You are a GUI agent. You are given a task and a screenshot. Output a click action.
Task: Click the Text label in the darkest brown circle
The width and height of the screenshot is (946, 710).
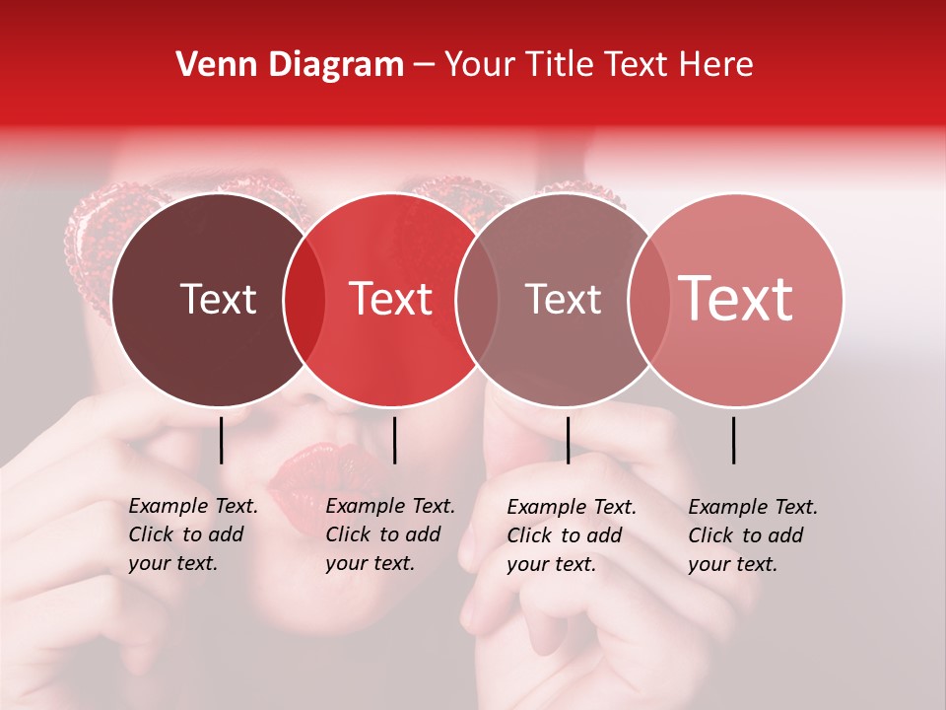(x=218, y=299)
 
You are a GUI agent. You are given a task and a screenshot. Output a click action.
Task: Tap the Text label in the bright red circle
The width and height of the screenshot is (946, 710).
(x=391, y=299)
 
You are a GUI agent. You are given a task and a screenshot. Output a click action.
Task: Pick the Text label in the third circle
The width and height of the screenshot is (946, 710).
(x=563, y=299)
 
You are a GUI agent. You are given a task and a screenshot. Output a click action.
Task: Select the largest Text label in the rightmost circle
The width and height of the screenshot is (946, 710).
(x=736, y=299)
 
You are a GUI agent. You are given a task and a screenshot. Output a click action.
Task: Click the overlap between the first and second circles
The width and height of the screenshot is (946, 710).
(x=304, y=300)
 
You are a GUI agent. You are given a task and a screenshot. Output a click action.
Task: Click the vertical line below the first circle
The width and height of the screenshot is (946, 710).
(x=221, y=440)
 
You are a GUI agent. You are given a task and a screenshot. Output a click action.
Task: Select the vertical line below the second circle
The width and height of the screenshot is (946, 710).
(x=394, y=440)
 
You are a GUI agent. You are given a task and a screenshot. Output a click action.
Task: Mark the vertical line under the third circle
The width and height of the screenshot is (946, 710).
(x=568, y=440)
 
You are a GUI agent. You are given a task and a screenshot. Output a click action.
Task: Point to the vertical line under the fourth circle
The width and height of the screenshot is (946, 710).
(x=733, y=440)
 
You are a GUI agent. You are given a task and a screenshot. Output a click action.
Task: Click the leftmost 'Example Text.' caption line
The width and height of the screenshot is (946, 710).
(x=193, y=506)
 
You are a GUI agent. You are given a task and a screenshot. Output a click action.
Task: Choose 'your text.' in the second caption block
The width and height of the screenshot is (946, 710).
(x=370, y=563)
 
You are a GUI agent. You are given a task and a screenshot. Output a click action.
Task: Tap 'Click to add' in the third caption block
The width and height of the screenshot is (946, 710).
(x=565, y=535)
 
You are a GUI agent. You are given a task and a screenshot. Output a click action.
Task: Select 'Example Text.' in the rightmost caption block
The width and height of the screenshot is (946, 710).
(x=753, y=507)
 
